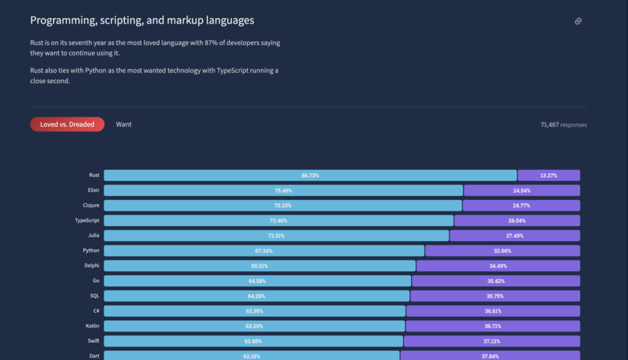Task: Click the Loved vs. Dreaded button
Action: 67,124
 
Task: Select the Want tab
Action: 124,124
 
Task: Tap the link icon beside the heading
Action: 578,22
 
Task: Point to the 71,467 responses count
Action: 563,124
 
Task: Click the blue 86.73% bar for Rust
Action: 310,175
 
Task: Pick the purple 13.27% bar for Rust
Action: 548,175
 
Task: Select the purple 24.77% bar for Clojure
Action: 521,205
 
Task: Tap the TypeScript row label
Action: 87,220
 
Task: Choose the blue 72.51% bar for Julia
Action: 276,236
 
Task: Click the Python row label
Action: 91,251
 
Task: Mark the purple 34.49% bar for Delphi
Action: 498,266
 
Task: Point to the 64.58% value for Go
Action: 257,281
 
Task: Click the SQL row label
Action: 95,296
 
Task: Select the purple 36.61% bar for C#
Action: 493,311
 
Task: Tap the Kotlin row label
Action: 92,326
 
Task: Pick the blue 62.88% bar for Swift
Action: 254,341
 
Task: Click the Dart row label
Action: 94,356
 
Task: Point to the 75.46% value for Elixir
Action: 283,190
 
